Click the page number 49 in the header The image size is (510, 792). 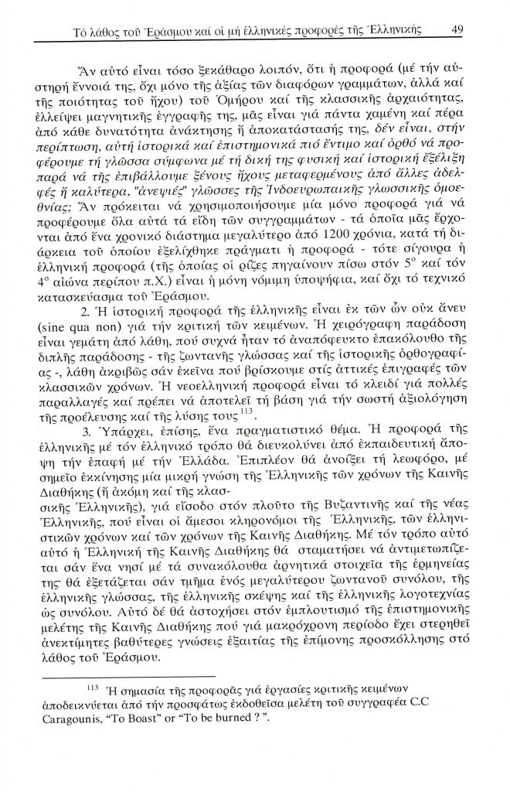(457, 30)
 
